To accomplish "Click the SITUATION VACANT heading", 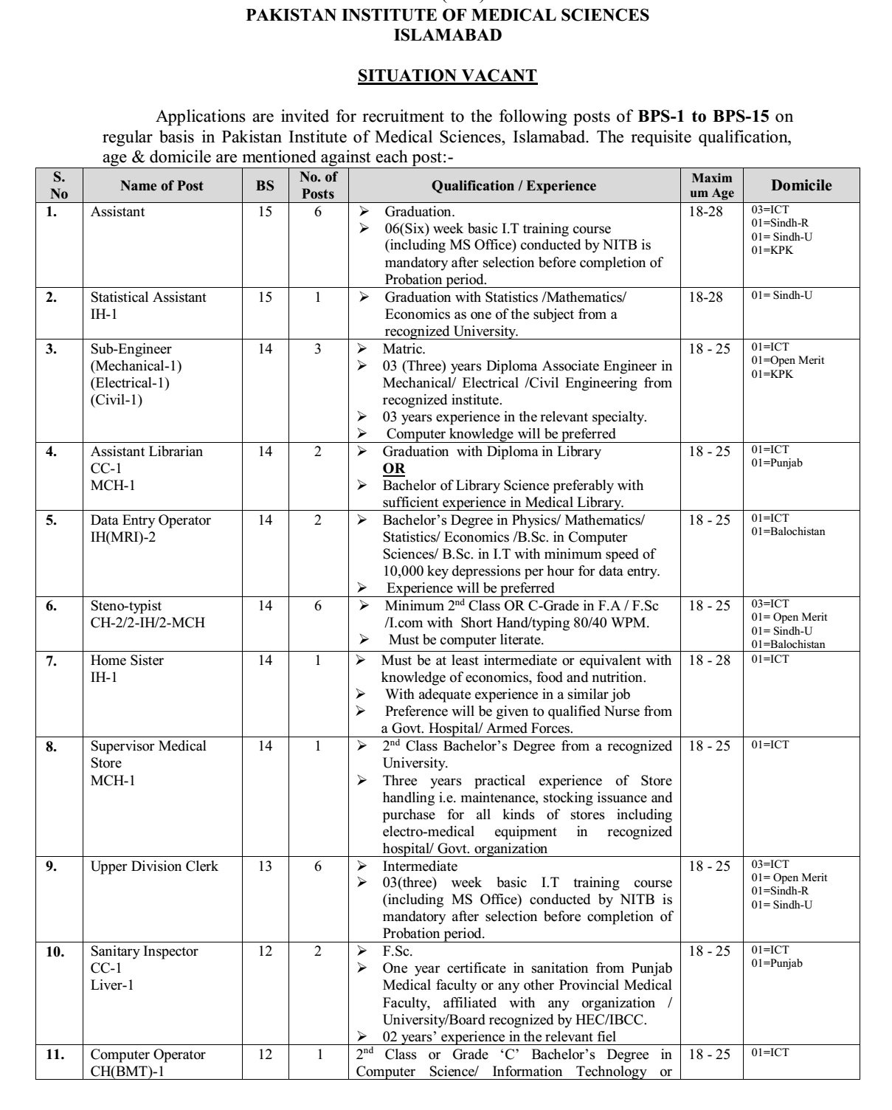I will (446, 75).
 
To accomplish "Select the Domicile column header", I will (801, 185).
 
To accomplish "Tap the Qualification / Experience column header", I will (514, 186).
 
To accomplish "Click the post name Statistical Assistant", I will (148, 297).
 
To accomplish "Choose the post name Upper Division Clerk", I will (154, 866).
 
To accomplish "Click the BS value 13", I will (265, 866).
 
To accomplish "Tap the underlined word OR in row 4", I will (393, 469).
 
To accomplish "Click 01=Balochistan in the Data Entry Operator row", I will (788, 531).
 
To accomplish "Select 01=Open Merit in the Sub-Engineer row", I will (788, 360).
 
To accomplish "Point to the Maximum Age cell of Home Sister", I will (710, 661).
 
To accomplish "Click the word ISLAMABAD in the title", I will (447, 35).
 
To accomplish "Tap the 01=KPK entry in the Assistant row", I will (772, 250).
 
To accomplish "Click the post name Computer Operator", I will (148, 1055).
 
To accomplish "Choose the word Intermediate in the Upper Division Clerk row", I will (419, 866).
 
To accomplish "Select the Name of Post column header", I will (162, 186).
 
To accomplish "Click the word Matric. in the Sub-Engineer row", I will (404, 349).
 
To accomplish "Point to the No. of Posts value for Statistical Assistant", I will (317, 297).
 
